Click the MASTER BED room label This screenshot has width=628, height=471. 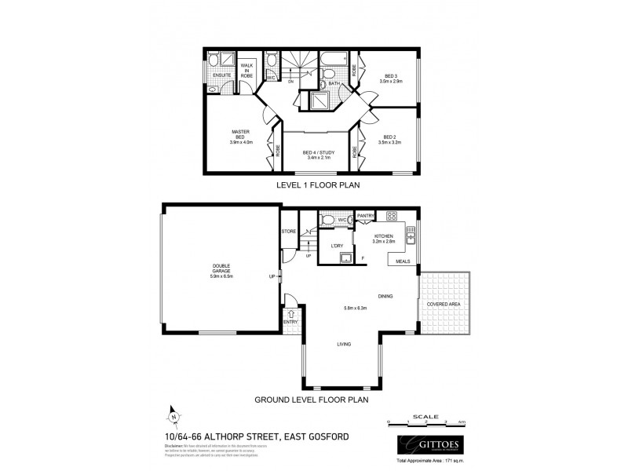pos(240,133)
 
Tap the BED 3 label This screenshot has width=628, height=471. pos(390,77)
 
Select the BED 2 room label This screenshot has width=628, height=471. pos(390,141)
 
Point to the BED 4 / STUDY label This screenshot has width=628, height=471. pos(318,155)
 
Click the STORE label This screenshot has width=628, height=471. pos(290,232)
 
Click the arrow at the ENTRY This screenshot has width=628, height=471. pos(290,315)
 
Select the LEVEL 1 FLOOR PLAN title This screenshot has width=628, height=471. pos(314,186)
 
